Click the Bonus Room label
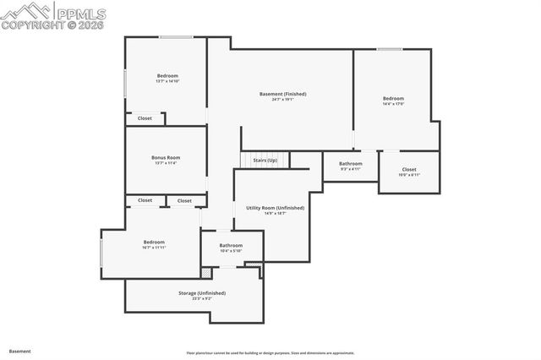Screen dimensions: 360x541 tap(166, 157)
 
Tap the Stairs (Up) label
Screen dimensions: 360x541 tap(265, 159)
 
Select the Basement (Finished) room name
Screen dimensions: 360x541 tap(282, 94)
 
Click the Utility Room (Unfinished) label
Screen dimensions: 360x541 tap(275, 207)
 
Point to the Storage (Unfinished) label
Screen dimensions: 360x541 tap(201, 292)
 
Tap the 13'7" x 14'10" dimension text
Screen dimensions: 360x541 tap(167, 81)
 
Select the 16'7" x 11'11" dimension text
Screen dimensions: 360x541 tap(153, 248)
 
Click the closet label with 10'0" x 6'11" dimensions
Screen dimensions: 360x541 tap(409, 170)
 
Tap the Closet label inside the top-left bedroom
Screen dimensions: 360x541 tap(145, 118)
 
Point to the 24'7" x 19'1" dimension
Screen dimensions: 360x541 tap(282, 100)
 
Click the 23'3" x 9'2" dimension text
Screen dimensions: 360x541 tap(201, 298)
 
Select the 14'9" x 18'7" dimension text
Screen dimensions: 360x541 tap(275, 213)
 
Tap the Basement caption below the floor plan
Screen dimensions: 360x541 tap(19, 351)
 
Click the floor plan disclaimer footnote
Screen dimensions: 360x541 tap(270, 353)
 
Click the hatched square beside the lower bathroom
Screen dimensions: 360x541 tap(205, 273)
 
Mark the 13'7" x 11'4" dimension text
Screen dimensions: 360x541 tap(166, 163)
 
